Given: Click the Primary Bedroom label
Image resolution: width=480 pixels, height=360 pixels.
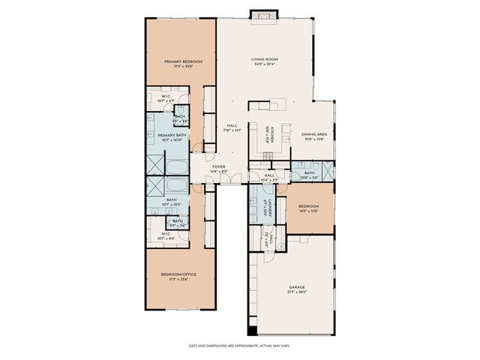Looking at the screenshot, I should click(180, 61).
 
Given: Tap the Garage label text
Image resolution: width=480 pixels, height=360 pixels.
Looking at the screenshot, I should click(297, 286).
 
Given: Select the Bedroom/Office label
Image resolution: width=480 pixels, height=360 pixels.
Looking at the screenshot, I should click(178, 274).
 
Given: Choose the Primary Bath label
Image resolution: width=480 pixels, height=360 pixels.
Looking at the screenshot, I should click(171, 135).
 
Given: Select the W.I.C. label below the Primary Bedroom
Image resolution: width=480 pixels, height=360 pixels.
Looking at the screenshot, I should click(166, 96).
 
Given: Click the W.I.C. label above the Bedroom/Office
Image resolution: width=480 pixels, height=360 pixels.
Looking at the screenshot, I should click(166, 234).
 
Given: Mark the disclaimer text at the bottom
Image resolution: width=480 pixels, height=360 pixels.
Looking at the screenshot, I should click(239, 346).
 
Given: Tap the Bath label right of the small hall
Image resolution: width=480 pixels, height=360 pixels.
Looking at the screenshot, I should click(309, 173).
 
